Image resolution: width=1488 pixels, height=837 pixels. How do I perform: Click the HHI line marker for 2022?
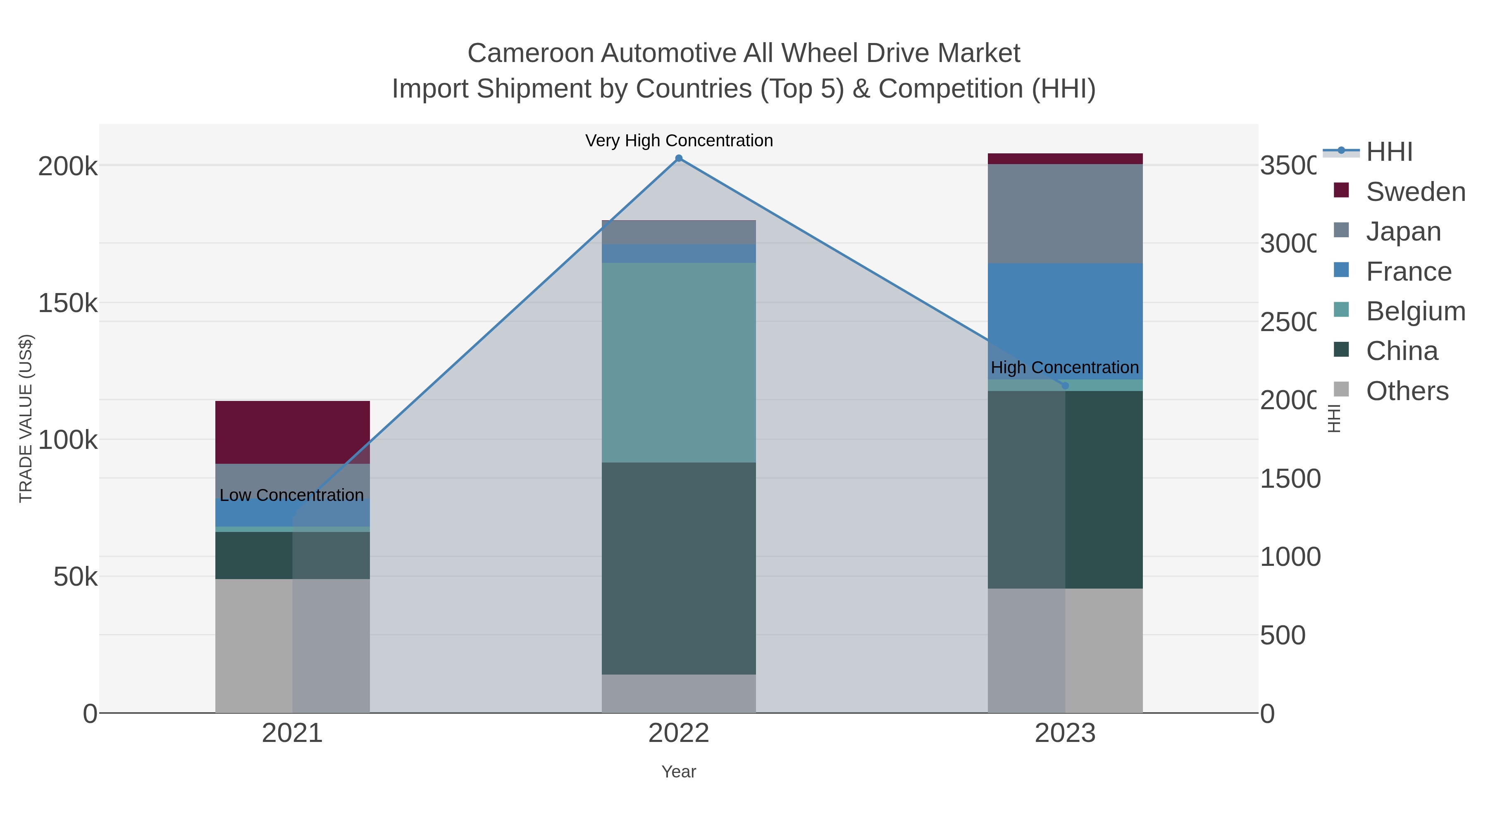[x=679, y=158]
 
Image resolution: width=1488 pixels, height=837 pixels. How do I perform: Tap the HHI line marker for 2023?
[x=1065, y=385]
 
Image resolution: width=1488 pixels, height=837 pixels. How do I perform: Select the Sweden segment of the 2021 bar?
[x=292, y=432]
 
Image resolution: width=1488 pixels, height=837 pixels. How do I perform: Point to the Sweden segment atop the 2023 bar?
[x=1065, y=159]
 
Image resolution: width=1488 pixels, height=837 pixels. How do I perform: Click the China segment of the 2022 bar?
[x=679, y=568]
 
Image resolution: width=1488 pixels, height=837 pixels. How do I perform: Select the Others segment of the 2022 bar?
[x=679, y=693]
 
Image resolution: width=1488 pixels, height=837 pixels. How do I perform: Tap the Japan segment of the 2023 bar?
[x=1065, y=214]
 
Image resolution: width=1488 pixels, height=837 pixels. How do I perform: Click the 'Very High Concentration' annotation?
[x=679, y=141]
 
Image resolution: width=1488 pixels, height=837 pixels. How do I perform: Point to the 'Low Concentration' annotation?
[x=292, y=495]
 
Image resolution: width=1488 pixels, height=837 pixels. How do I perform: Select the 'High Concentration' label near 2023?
[x=1065, y=367]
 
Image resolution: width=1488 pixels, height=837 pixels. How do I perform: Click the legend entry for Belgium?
[x=1415, y=311]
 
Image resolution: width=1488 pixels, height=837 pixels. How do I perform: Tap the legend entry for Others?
[x=1407, y=391]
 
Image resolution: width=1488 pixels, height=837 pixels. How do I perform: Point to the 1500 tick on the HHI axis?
[x=1289, y=479]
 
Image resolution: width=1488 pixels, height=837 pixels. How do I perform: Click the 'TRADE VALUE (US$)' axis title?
[x=26, y=418]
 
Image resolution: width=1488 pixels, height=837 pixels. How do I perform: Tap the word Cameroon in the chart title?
[x=530, y=53]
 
